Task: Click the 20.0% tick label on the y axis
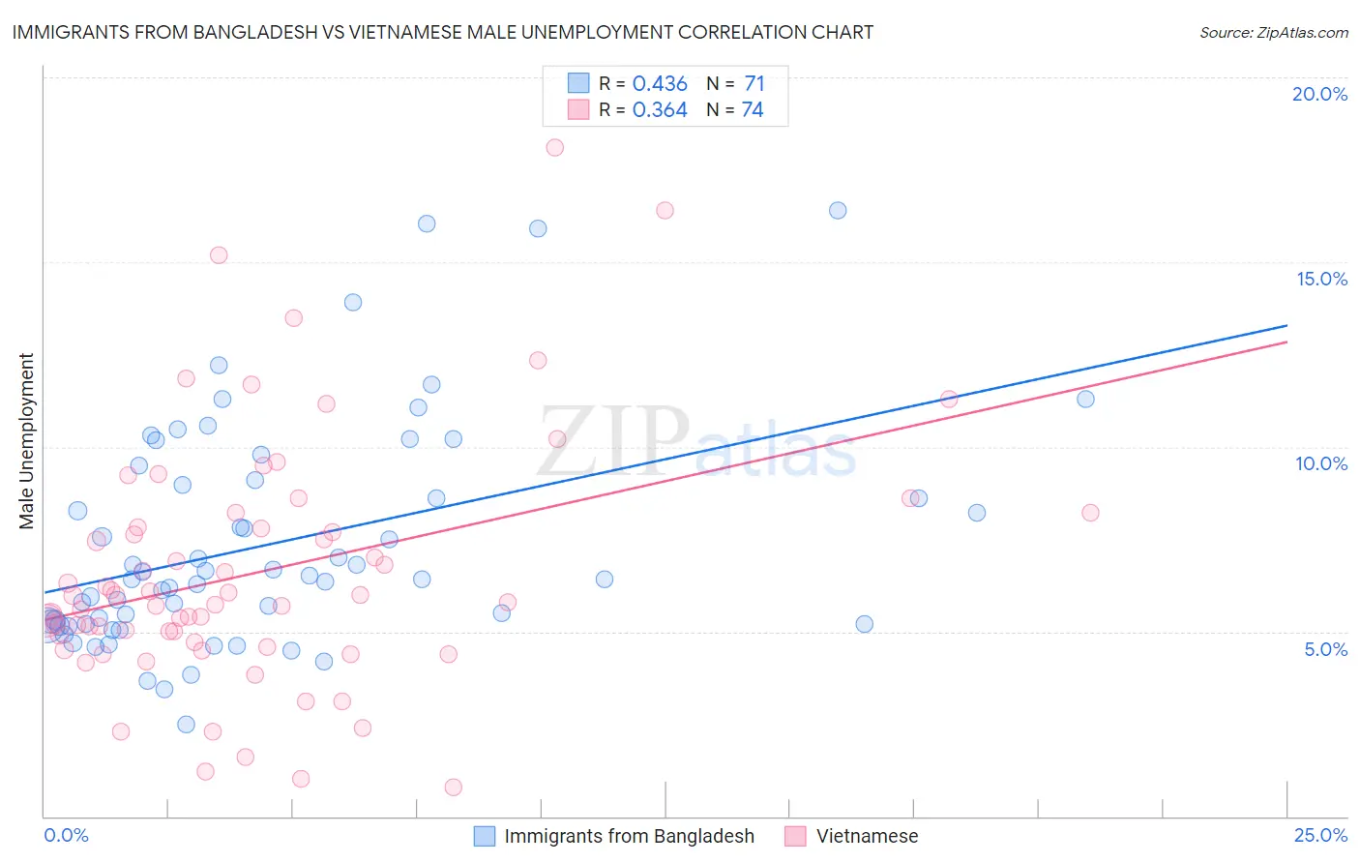(1319, 94)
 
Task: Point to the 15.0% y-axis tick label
(1321, 279)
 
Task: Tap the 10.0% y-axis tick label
(1321, 463)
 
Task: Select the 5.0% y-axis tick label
(1325, 649)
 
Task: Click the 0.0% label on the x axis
(66, 835)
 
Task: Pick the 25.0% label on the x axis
(1320, 835)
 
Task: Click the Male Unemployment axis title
(26, 440)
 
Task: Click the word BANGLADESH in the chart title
(240, 32)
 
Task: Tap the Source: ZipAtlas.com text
(1273, 32)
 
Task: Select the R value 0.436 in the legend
(660, 83)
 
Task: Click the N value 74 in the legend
(753, 109)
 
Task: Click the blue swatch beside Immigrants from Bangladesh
(485, 836)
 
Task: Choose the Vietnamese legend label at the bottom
(867, 836)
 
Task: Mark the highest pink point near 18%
(554, 147)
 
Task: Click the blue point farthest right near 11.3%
(1085, 399)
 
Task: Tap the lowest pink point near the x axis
(453, 787)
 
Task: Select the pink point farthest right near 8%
(1090, 513)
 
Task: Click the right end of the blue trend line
(1286, 325)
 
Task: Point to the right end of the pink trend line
(1286, 342)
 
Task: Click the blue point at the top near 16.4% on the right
(838, 210)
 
